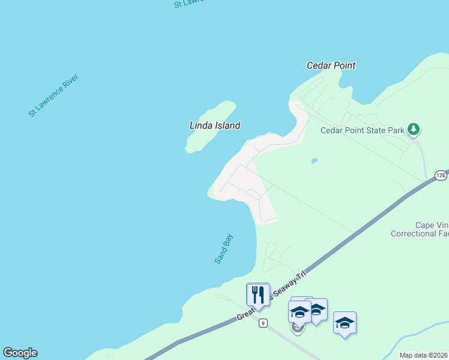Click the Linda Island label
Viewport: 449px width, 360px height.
[215, 125]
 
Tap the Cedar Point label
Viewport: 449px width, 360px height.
[331, 65]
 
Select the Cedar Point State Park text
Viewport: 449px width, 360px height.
[362, 130]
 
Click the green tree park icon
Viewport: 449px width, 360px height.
[414, 129]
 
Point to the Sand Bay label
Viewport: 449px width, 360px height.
[223, 248]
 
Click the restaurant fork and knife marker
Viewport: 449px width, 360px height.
[258, 295]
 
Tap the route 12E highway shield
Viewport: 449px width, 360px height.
[441, 175]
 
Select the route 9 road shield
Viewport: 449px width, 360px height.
[263, 323]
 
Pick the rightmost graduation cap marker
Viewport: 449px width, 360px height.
[345, 323]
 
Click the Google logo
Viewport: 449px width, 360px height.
[20, 353]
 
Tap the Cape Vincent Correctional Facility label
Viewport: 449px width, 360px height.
[420, 229]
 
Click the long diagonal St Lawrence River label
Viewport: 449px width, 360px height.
[53, 95]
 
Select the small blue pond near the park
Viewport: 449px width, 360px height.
[314, 161]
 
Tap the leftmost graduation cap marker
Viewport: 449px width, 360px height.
[300, 312]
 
